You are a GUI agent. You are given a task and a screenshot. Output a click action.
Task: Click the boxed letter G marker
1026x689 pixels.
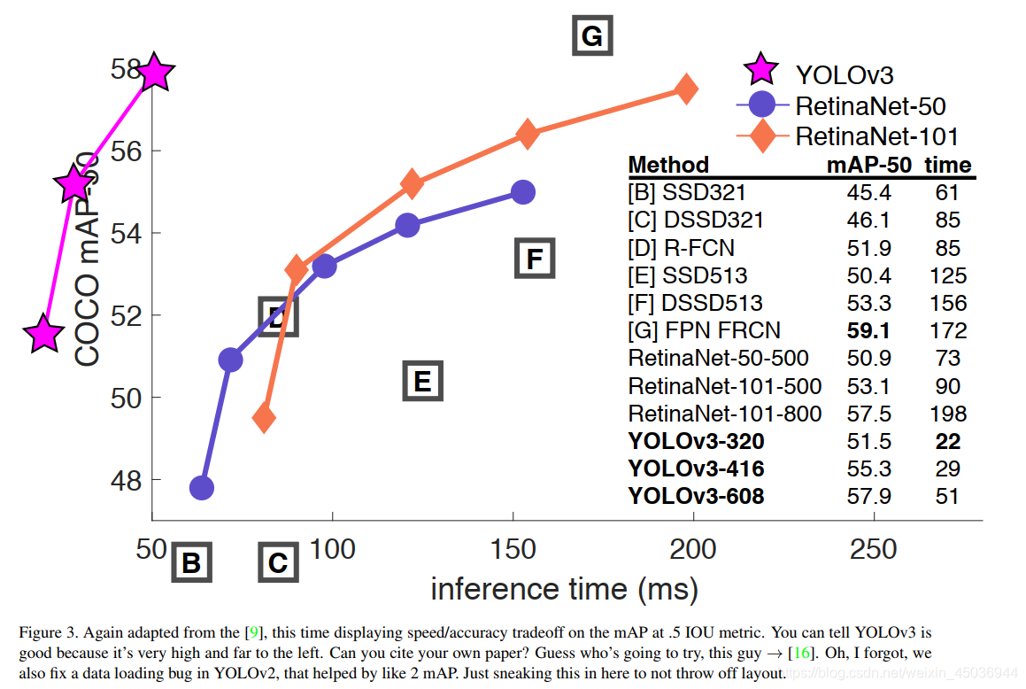pos(591,36)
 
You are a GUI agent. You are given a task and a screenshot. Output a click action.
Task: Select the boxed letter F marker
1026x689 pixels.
pos(534,259)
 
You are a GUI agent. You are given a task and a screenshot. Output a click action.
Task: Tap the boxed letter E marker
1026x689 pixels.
pos(422,381)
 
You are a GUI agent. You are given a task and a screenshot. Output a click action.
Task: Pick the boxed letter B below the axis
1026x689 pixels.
pos(191,562)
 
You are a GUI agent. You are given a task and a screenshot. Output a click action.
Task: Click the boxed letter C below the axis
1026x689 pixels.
pos(278,562)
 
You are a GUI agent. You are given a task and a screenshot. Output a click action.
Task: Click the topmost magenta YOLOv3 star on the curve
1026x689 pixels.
pos(155,72)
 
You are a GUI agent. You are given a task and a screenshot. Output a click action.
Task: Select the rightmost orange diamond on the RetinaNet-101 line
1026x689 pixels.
pos(685,89)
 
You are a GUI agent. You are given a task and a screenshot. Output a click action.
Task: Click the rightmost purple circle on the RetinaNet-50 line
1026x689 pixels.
pos(522,192)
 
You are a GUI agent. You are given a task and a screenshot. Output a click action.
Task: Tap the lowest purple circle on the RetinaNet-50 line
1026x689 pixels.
pos(202,487)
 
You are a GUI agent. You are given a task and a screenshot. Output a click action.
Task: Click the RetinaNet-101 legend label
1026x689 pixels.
pos(876,136)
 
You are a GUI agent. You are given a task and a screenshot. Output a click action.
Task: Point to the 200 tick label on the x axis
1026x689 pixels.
pos(693,549)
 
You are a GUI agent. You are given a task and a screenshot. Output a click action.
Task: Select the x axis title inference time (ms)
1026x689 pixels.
pos(564,589)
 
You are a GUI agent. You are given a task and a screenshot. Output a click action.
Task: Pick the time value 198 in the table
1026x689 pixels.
pos(947,414)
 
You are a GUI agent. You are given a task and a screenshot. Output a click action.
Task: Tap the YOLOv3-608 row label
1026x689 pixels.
pos(696,496)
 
